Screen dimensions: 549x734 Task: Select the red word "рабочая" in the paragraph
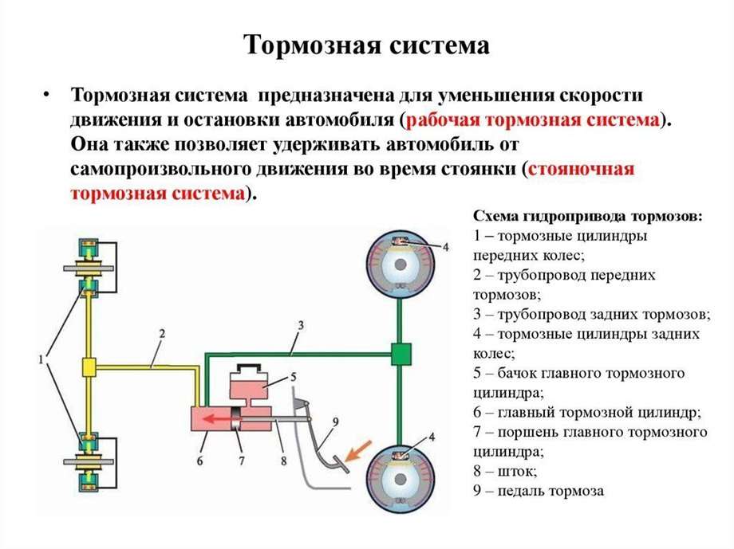click(440, 120)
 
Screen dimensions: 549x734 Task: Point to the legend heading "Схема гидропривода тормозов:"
click(588, 217)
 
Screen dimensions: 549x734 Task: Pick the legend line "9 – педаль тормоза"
click(539, 491)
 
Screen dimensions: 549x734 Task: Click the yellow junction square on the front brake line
click(89, 367)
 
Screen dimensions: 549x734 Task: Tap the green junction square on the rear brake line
click(400, 351)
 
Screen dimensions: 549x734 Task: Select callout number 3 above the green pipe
click(301, 324)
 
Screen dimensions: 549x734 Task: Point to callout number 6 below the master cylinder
click(199, 460)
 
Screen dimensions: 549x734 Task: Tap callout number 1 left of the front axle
click(41, 362)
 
